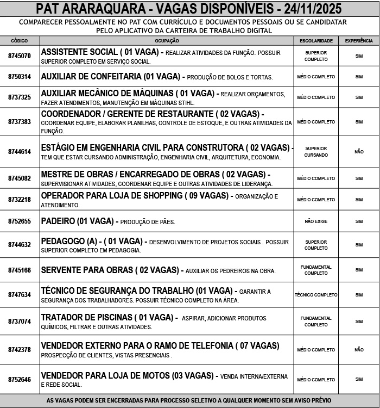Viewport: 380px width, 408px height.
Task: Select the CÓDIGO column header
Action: pyautogui.click(x=19, y=41)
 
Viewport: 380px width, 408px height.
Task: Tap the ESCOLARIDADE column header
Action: pyautogui.click(x=316, y=41)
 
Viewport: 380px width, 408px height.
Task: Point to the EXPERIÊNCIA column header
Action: pyautogui.click(x=359, y=41)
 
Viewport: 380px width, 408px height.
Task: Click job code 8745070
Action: pyautogui.click(x=20, y=56)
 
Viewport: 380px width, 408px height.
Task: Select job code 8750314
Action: pyautogui.click(x=20, y=77)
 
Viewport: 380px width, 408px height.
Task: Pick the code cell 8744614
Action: pyautogui.click(x=20, y=152)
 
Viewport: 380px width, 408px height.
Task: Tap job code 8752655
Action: pyautogui.click(x=20, y=221)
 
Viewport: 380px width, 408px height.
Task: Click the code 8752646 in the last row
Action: pyautogui.click(x=20, y=380)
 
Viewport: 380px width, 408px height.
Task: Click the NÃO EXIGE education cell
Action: pyautogui.click(x=316, y=221)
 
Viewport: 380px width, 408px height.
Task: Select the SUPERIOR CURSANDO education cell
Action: pyautogui.click(x=316, y=152)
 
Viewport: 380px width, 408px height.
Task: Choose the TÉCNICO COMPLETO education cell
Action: pyautogui.click(x=316, y=295)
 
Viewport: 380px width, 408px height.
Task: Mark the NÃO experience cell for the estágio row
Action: pyautogui.click(x=359, y=152)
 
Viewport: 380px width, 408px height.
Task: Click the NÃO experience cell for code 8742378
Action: pyautogui.click(x=359, y=350)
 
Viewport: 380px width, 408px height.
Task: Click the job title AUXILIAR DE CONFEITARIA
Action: pyautogui.click(x=91, y=76)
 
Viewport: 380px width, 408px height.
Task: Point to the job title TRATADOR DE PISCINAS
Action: pyautogui.click(x=87, y=317)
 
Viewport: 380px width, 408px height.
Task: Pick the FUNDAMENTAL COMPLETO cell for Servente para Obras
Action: pyautogui.click(x=316, y=270)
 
